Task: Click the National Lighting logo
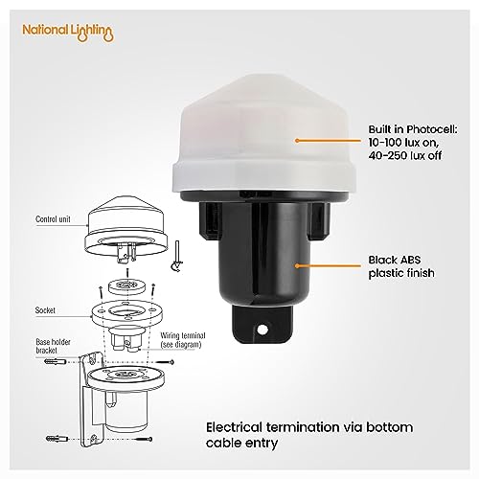tap(68, 33)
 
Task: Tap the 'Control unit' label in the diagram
tap(53, 219)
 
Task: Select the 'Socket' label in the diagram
tap(45, 310)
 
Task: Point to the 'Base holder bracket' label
tap(53, 346)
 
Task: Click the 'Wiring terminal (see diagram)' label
tap(183, 340)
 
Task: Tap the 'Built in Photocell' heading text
tap(413, 129)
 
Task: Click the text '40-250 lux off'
tap(405, 155)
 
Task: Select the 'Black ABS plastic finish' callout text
tap(401, 266)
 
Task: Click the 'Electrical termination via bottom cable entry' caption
tap(309, 435)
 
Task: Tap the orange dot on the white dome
tap(297, 140)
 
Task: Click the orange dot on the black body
tap(297, 265)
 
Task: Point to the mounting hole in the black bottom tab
tap(262, 329)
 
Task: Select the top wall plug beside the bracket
tap(56, 362)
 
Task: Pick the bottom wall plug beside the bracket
tap(57, 439)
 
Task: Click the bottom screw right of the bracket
tap(144, 439)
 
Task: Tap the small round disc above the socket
tap(127, 285)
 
